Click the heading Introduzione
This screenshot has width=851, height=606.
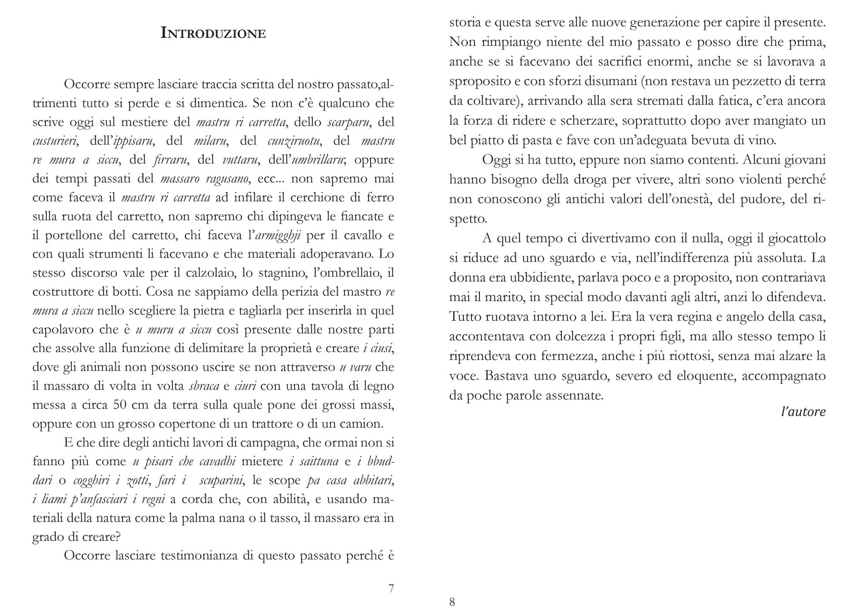click(x=213, y=33)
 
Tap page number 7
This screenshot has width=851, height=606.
click(x=391, y=589)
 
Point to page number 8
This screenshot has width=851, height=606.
click(x=452, y=601)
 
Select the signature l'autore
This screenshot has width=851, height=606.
click(x=803, y=412)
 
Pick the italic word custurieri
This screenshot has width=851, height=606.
click(x=55, y=141)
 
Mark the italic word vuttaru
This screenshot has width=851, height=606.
click(x=240, y=160)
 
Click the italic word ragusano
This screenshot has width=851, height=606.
click(x=227, y=179)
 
